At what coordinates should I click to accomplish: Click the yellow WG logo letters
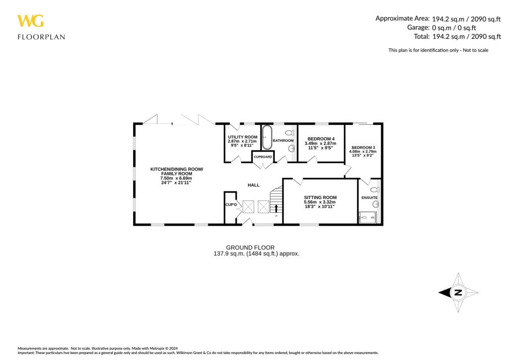point(30,21)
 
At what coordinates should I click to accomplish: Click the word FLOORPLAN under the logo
point(41,36)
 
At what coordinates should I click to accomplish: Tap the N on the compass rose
point(458,292)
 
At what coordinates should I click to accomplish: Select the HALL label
point(254,185)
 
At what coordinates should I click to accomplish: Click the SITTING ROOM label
point(320,197)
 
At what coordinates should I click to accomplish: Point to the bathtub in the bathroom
point(267,137)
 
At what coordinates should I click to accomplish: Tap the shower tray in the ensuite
point(367,217)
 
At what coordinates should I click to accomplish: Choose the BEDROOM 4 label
point(321,139)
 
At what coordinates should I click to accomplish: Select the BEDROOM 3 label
point(363,148)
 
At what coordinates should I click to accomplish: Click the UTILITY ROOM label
point(242,137)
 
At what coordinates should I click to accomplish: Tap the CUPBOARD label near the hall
point(263,157)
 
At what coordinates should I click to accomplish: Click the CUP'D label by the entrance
point(231,205)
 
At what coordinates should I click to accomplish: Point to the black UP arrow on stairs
point(276,207)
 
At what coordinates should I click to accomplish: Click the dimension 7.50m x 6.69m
point(176,179)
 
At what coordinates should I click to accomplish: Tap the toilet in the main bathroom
point(290,133)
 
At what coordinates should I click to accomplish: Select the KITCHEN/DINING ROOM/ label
point(176,169)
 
